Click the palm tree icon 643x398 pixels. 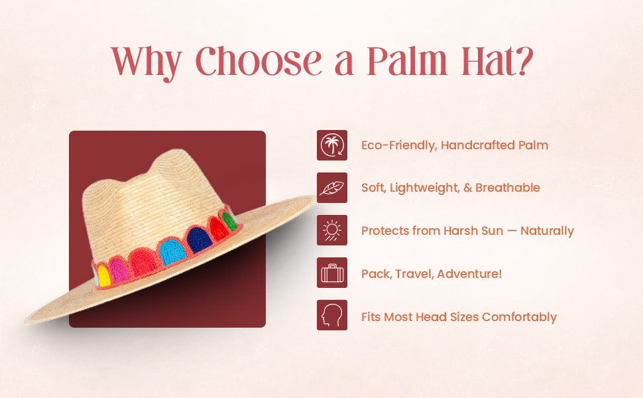(331, 145)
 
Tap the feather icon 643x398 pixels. (331, 188)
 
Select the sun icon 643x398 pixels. (331, 231)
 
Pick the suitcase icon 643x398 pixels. (331, 273)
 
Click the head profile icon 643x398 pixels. (331, 316)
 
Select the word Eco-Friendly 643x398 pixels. (397, 145)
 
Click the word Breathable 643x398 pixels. (508, 188)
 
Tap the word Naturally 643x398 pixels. (547, 231)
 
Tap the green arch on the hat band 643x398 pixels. (229, 221)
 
